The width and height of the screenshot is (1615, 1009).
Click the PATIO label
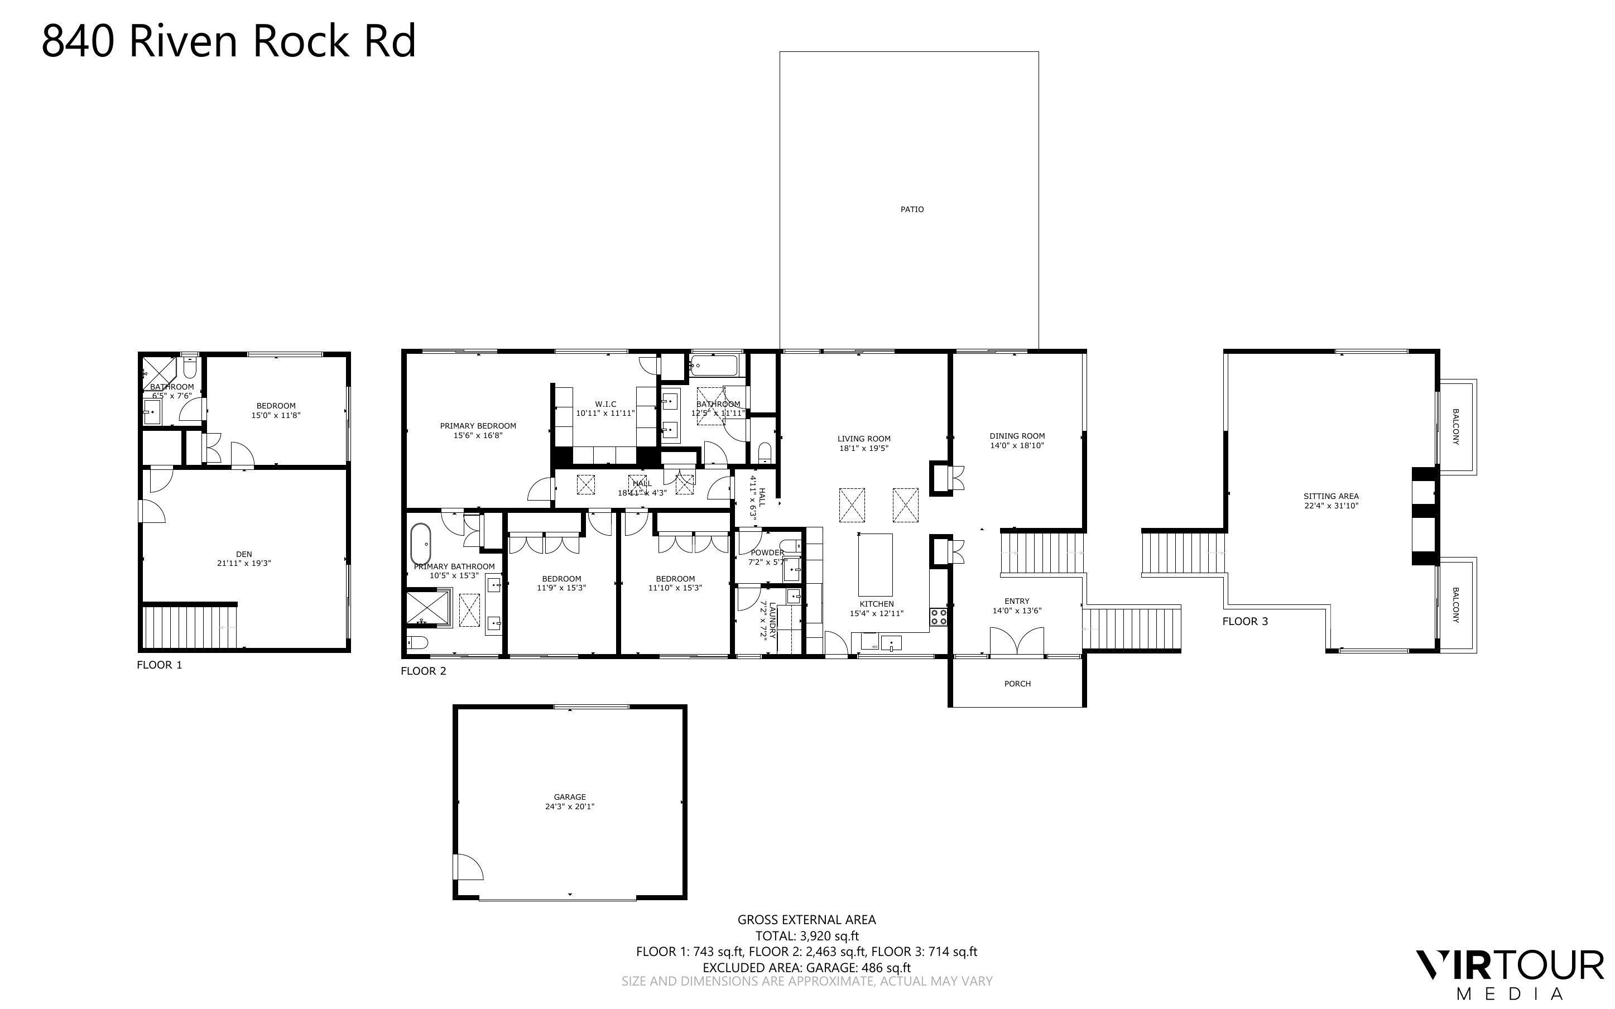[911, 209]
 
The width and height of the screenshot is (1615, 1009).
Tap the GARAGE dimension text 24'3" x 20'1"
[569, 806]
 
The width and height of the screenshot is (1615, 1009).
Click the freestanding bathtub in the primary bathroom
[420, 544]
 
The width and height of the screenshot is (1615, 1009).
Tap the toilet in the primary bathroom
[417, 643]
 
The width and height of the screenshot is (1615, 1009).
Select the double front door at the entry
[1016, 642]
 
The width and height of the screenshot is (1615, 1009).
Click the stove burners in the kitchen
[939, 617]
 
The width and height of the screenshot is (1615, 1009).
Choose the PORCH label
[1017, 683]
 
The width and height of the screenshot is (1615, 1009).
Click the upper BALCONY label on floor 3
[1455, 427]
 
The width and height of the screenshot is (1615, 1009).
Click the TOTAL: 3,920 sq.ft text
[806, 935]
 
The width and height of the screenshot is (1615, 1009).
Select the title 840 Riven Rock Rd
[229, 41]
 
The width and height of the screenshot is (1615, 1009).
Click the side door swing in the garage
[467, 867]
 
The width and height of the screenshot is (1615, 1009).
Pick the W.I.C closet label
[605, 403]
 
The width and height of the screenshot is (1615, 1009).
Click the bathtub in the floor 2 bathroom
[713, 365]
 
